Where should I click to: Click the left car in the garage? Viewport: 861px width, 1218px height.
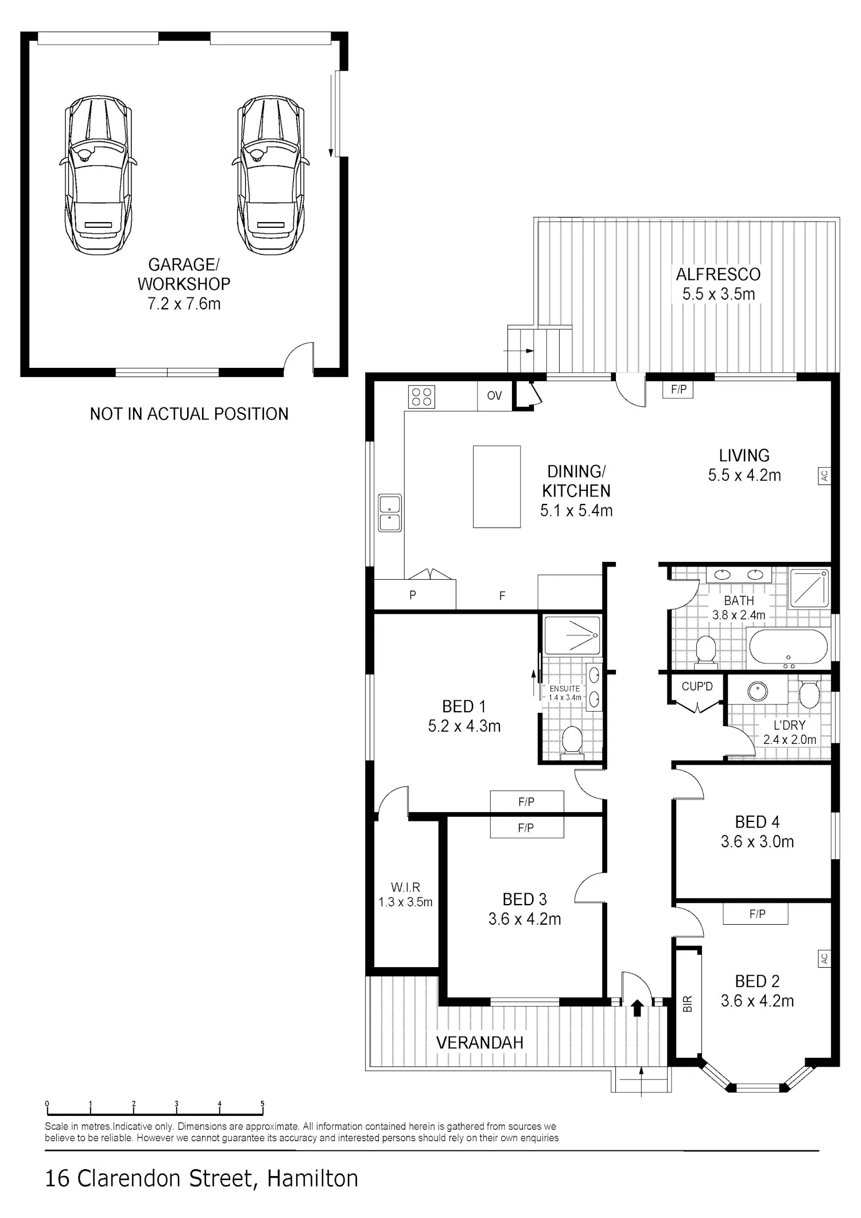(x=98, y=175)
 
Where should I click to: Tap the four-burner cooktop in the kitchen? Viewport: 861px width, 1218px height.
(x=421, y=397)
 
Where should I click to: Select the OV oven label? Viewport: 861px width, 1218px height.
(x=494, y=395)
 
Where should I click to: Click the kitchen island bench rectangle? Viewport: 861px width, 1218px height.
(x=497, y=487)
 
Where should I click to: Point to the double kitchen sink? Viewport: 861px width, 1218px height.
(x=390, y=513)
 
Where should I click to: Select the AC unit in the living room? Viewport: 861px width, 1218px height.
(x=824, y=475)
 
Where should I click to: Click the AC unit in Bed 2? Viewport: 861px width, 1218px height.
(x=824, y=958)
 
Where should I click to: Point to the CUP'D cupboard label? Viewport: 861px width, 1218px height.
(x=697, y=686)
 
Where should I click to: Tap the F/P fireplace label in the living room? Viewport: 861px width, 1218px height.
(x=678, y=390)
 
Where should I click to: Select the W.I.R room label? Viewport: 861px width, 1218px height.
(x=405, y=887)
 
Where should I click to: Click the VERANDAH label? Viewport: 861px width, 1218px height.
(x=480, y=1042)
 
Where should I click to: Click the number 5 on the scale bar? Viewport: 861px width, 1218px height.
(x=262, y=1103)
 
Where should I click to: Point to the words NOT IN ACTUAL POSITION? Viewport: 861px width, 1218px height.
(x=189, y=414)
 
